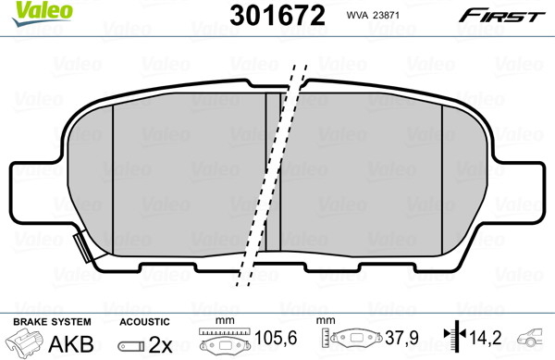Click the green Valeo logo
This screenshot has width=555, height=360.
[x=42, y=13]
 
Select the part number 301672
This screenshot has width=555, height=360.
[x=277, y=15]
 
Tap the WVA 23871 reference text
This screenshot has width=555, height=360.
[x=373, y=15]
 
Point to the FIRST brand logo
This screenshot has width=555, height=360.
[x=501, y=16]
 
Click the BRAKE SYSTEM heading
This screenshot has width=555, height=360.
[x=52, y=322]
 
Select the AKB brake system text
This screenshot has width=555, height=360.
[x=71, y=343]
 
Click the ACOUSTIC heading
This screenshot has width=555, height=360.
[x=144, y=322]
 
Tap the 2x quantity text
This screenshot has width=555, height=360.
[x=160, y=344]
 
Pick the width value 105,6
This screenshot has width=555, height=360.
[x=276, y=338]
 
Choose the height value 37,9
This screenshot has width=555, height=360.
[x=402, y=338]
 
